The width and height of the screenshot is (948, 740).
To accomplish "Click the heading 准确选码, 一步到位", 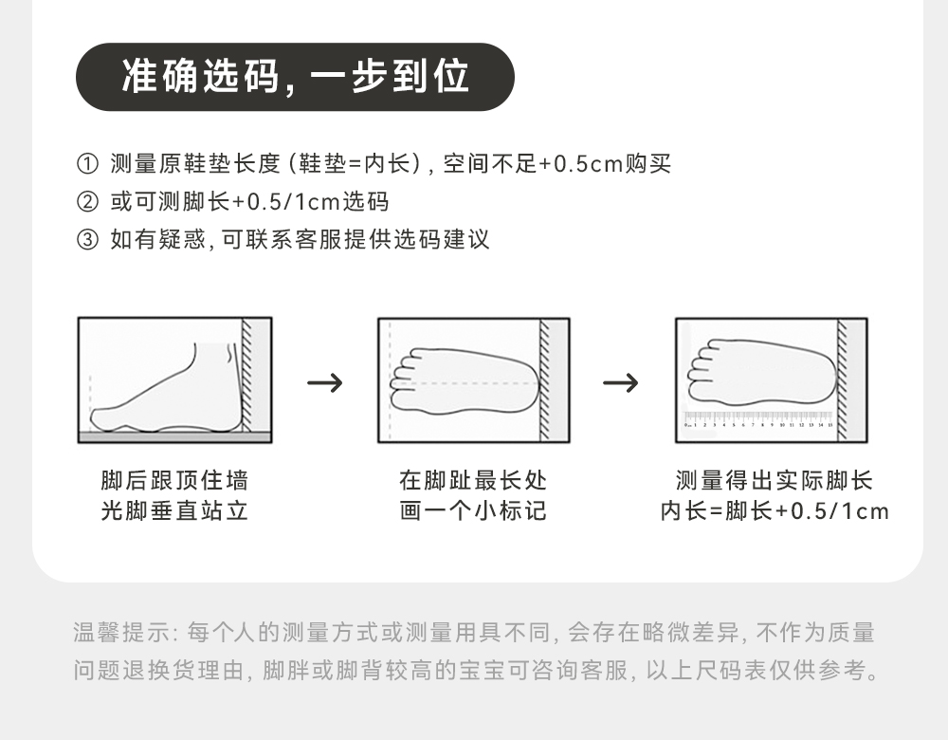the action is pos(295,77).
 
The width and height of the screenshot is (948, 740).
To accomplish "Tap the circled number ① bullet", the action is pos(86,164).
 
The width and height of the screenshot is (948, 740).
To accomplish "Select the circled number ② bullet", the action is pos(86,202).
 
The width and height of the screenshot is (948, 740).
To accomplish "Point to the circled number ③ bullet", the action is pos(86,239).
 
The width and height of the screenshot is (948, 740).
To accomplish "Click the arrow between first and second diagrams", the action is pos(325,382).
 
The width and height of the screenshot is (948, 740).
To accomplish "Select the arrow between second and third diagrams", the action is pos(621,382).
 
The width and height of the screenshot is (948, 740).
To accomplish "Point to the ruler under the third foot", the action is pos(758,418).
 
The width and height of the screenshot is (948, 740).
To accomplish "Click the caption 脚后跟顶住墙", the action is pos(174,480).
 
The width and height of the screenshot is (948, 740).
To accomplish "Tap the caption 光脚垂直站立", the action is pos(174,511).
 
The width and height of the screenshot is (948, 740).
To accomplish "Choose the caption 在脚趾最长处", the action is pos(473,480).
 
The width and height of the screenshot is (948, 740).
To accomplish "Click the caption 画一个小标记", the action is pos(473,511).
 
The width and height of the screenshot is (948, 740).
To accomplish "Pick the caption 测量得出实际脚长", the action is pos(775,480).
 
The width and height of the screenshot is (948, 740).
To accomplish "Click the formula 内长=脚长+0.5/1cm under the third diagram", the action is pos(775,511).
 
